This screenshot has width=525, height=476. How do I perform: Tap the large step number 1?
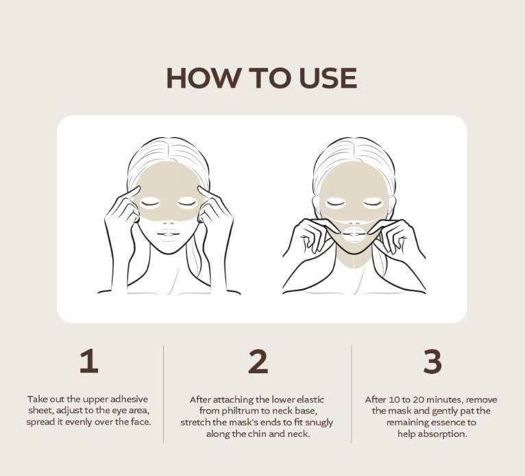click(88, 362)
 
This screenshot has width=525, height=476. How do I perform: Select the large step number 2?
click(258, 362)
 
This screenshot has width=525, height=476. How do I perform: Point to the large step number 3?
click(432, 362)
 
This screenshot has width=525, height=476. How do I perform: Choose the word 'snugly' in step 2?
click(314, 422)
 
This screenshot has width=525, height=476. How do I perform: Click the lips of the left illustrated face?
click(169, 233)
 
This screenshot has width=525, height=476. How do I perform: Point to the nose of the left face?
click(169, 217)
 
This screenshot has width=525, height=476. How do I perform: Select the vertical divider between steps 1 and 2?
click(163, 394)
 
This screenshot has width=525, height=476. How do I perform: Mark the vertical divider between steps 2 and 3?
click(352, 394)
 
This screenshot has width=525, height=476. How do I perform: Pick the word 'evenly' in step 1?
click(88, 422)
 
